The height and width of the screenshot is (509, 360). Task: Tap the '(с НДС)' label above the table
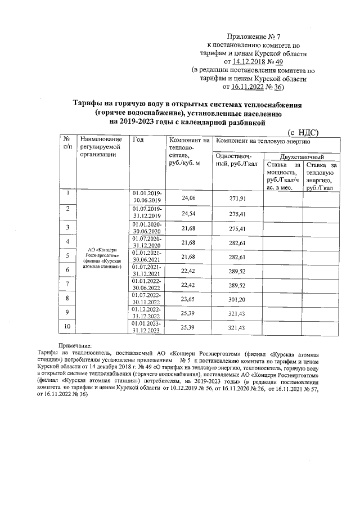point(303,132)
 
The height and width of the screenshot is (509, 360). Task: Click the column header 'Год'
point(137,140)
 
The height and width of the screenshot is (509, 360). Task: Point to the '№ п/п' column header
point(67,143)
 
